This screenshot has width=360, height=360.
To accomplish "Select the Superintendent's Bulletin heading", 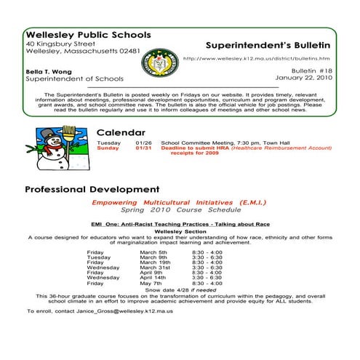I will click(268, 44).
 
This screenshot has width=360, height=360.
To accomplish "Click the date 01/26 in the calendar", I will click(143, 143).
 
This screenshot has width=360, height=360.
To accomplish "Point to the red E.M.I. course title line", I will click(179, 201).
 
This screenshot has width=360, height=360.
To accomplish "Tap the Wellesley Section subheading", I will click(179, 231).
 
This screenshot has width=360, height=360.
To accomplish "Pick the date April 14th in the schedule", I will click(153, 277).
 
